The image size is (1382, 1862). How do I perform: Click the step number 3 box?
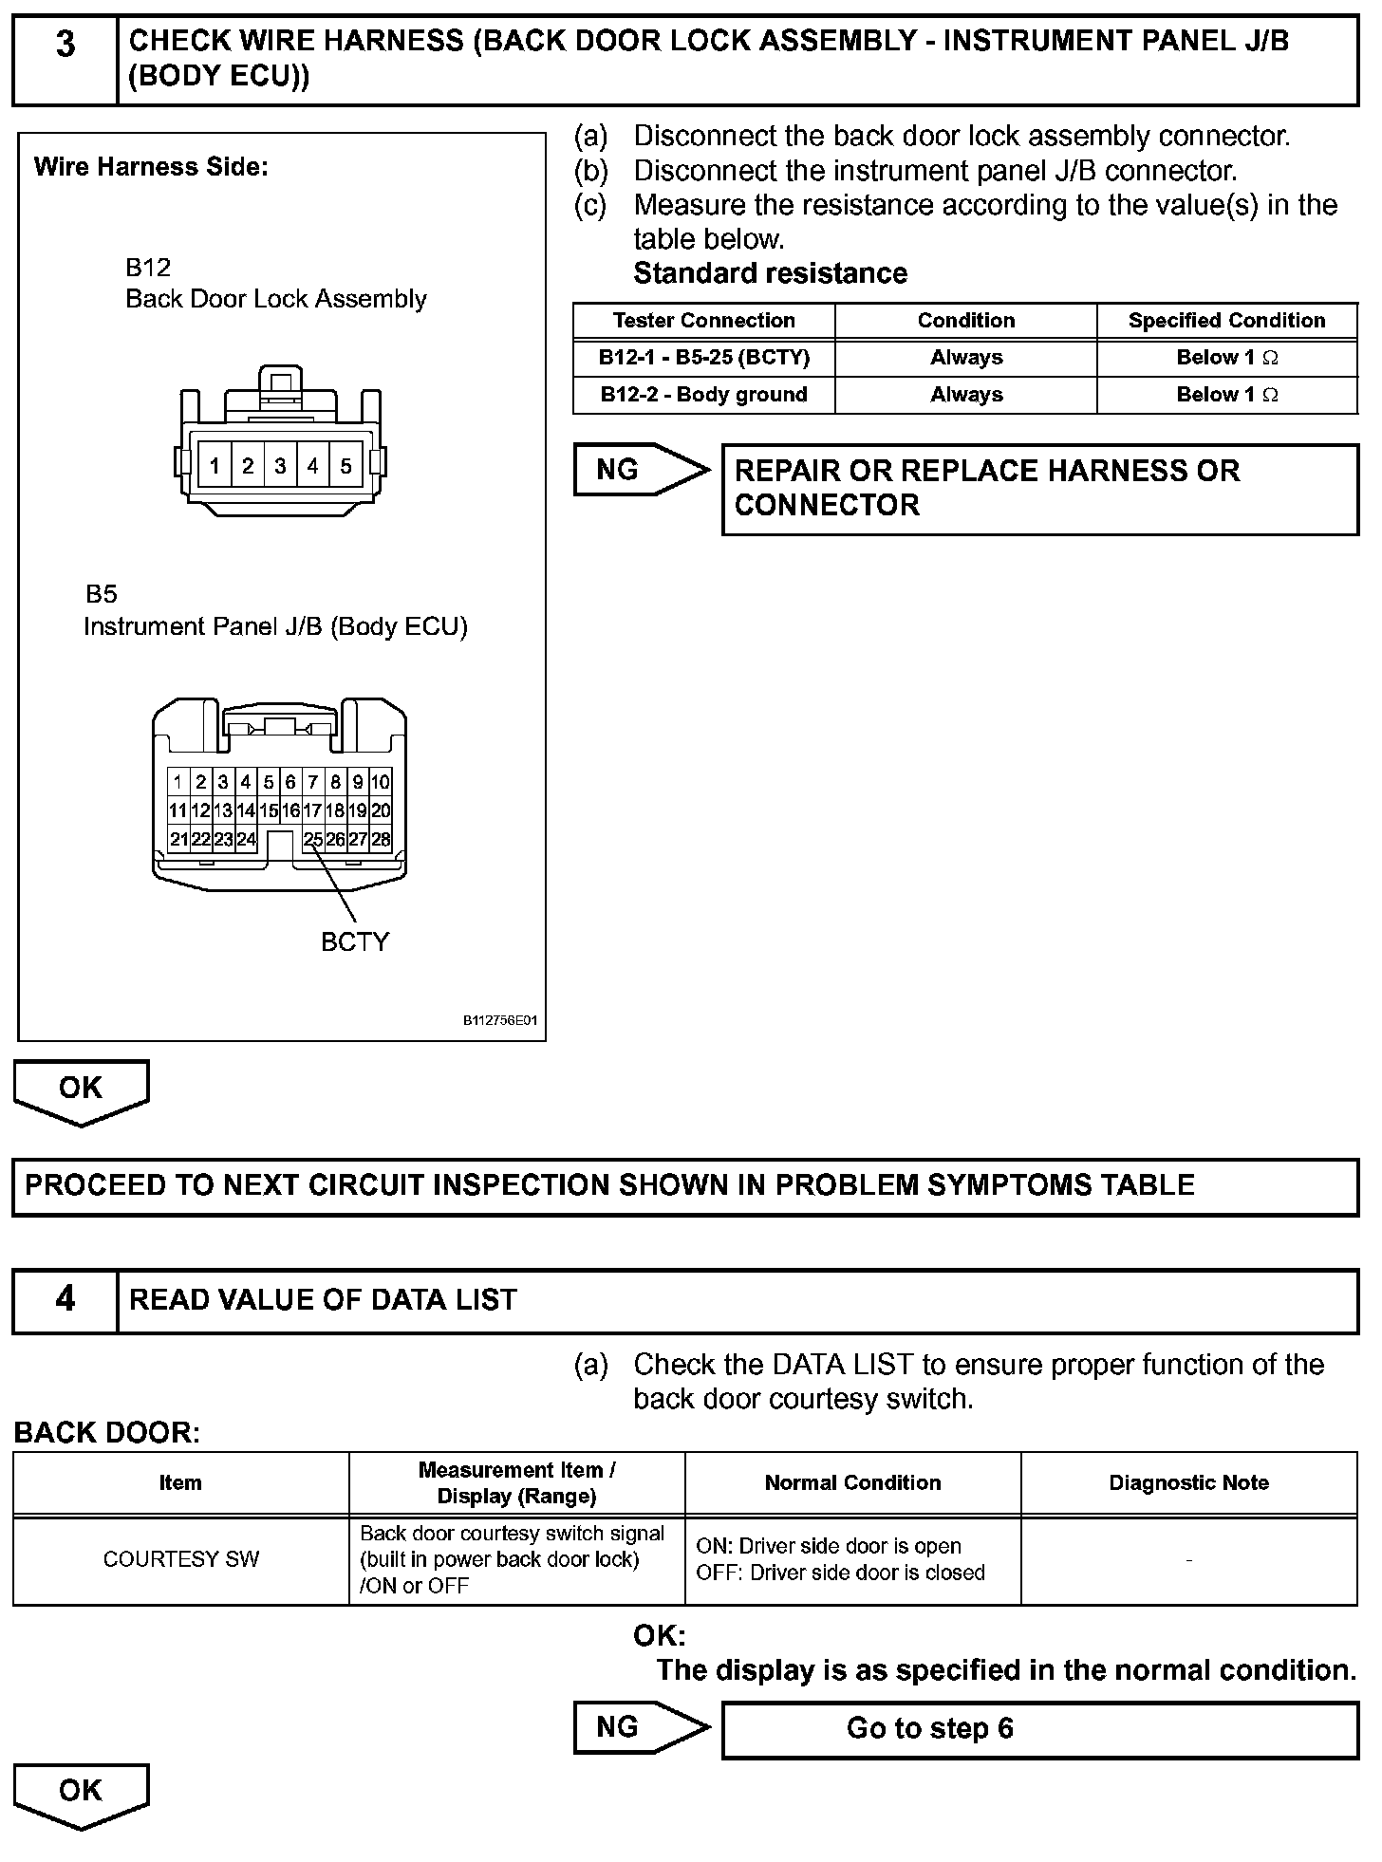point(65,59)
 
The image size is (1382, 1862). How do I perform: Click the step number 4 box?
point(65,1300)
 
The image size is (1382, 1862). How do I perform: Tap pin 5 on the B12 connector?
point(345,466)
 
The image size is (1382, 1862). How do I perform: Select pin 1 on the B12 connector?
point(215,466)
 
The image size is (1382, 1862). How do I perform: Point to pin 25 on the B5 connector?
point(312,839)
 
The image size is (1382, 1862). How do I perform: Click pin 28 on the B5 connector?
point(381,839)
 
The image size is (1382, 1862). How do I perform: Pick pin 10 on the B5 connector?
point(380,782)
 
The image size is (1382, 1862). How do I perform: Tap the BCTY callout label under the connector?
point(355,941)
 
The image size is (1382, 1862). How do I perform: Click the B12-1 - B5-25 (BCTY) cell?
point(703,358)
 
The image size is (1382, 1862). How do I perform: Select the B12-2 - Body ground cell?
point(703,395)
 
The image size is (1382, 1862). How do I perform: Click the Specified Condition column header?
point(1226,321)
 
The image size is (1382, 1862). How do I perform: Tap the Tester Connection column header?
point(703,321)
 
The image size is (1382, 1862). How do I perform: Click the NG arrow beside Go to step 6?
point(640,1727)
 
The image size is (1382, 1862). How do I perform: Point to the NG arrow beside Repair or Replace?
point(640,470)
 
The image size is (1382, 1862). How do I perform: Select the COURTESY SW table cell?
point(180,1559)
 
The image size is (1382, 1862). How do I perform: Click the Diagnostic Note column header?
point(1188,1483)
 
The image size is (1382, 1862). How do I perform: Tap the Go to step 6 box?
point(1039,1728)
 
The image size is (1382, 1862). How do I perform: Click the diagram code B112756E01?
point(500,1021)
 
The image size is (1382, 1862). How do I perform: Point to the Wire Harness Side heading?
point(151,167)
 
